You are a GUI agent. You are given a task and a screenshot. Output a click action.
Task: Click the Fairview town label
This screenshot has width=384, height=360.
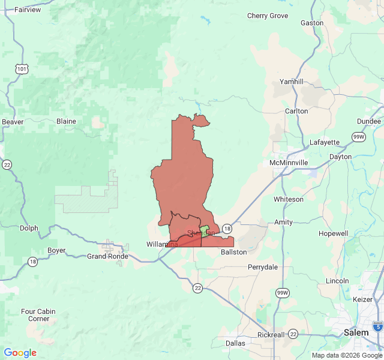click(28, 10)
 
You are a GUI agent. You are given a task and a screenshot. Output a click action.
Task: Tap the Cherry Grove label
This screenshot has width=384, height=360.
click(268, 16)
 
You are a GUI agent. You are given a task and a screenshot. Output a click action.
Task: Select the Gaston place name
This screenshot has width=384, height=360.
click(311, 23)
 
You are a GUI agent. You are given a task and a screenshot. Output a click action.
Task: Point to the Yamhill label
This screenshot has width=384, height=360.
click(292, 82)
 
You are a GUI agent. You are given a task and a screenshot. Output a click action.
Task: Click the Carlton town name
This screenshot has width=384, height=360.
click(296, 111)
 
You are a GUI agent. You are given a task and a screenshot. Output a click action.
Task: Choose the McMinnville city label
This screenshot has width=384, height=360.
click(289, 163)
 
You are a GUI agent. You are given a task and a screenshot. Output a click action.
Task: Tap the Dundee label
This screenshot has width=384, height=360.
click(368, 121)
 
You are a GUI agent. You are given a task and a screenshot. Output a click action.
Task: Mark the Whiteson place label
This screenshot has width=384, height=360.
click(289, 199)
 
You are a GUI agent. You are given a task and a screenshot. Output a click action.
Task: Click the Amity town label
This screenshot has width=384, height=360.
click(284, 222)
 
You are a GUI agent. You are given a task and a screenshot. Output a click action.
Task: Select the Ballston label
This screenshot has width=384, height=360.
click(233, 252)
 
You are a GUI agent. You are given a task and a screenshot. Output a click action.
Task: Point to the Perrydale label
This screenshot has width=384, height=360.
click(263, 266)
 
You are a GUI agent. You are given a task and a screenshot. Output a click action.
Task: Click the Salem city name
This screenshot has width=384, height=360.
click(356, 332)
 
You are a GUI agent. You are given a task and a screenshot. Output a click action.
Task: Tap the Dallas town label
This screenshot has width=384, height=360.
click(235, 343)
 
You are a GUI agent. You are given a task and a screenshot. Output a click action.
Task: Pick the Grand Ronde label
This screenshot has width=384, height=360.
click(107, 256)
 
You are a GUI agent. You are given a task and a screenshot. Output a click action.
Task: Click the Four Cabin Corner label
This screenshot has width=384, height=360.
click(38, 315)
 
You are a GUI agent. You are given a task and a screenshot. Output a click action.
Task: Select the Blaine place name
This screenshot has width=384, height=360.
click(66, 121)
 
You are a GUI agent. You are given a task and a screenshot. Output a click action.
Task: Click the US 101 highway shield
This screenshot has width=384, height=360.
click(22, 70)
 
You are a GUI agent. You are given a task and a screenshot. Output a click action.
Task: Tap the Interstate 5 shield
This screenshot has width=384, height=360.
click(377, 326)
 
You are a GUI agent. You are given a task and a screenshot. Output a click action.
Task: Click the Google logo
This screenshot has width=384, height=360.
click(20, 353)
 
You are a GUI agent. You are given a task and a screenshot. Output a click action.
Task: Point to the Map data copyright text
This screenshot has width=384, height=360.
click(346, 355)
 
